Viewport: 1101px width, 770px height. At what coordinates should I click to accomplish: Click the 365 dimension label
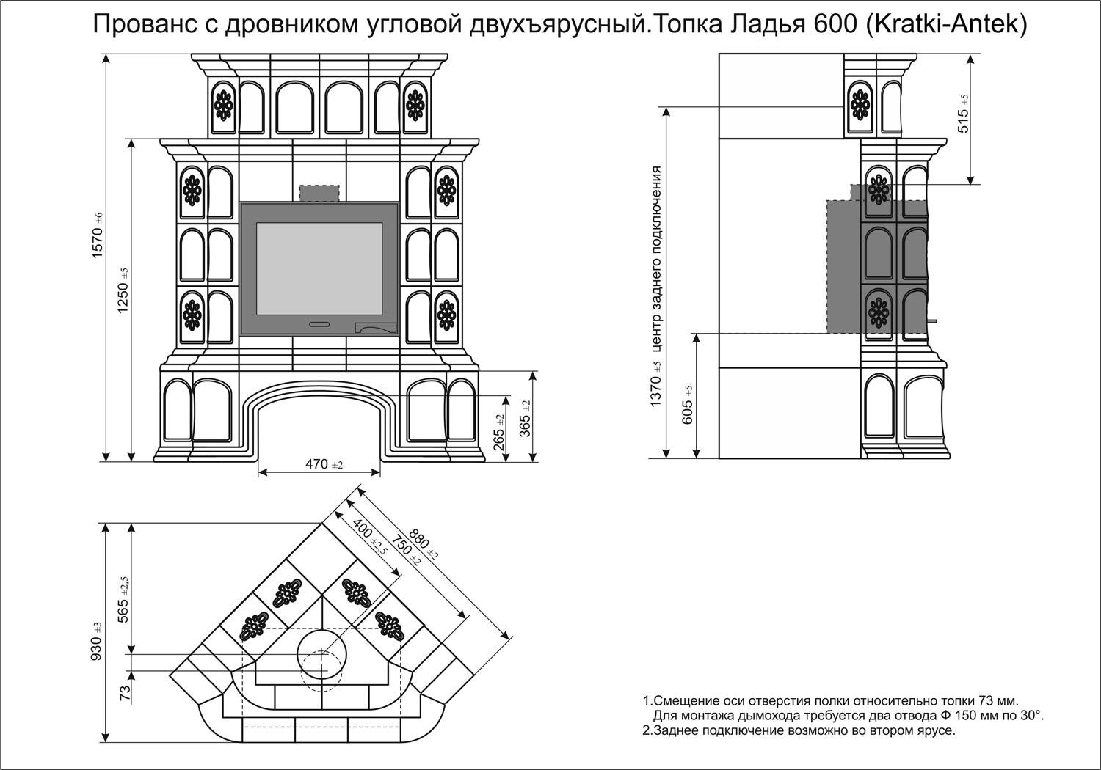coord(526,419)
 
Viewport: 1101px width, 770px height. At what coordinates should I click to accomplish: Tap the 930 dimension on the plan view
coord(97,642)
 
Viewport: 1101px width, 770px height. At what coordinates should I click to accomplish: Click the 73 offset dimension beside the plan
coord(125,691)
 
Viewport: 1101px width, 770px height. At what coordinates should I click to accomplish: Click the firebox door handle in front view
coord(319,323)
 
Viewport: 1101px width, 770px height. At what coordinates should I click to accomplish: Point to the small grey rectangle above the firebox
coord(319,193)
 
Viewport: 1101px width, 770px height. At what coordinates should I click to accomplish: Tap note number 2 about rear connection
coord(799,731)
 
